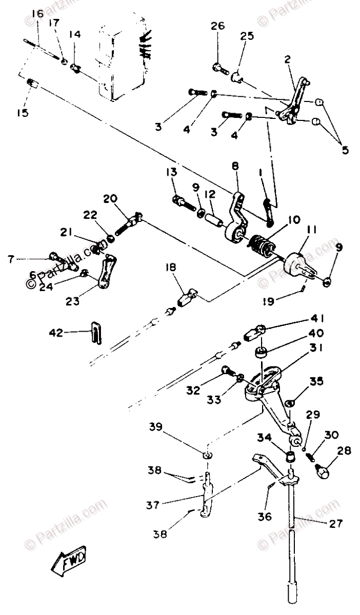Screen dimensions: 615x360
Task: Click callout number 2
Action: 287,60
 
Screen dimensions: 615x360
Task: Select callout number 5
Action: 345,150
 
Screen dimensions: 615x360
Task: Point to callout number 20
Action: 110,198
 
